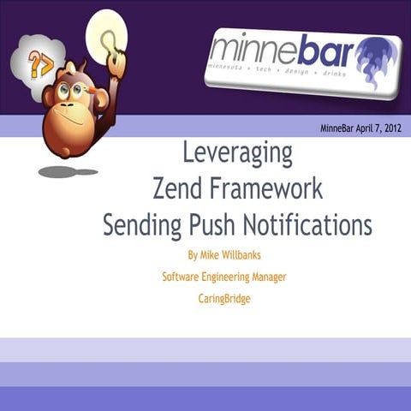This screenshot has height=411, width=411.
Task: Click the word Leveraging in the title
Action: [237, 153]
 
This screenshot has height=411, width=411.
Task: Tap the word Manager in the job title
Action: [288, 277]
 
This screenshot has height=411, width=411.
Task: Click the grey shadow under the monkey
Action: [68, 171]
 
